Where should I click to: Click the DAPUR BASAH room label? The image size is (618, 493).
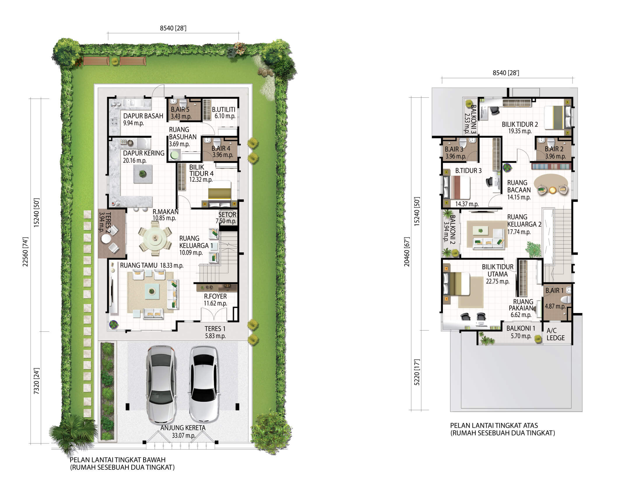pyautogui.click(x=143, y=116)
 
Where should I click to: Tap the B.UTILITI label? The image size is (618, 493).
pyautogui.click(x=224, y=110)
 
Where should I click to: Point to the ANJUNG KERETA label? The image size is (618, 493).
pyautogui.click(x=183, y=428)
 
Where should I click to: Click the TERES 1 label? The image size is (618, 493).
pyautogui.click(x=215, y=328)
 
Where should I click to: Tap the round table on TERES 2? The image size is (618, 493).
pyautogui.click(x=106, y=239)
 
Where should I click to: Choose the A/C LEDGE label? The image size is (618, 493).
pyautogui.click(x=556, y=334)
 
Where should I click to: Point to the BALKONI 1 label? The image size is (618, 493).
pyautogui.click(x=521, y=328)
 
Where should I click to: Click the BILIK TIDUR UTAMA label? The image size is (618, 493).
pyautogui.click(x=498, y=270)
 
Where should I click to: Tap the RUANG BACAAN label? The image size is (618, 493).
pyautogui.click(x=519, y=186)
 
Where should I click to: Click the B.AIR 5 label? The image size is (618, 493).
pyautogui.click(x=180, y=109)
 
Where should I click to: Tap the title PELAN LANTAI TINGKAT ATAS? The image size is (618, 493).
pyautogui.click(x=494, y=425)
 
